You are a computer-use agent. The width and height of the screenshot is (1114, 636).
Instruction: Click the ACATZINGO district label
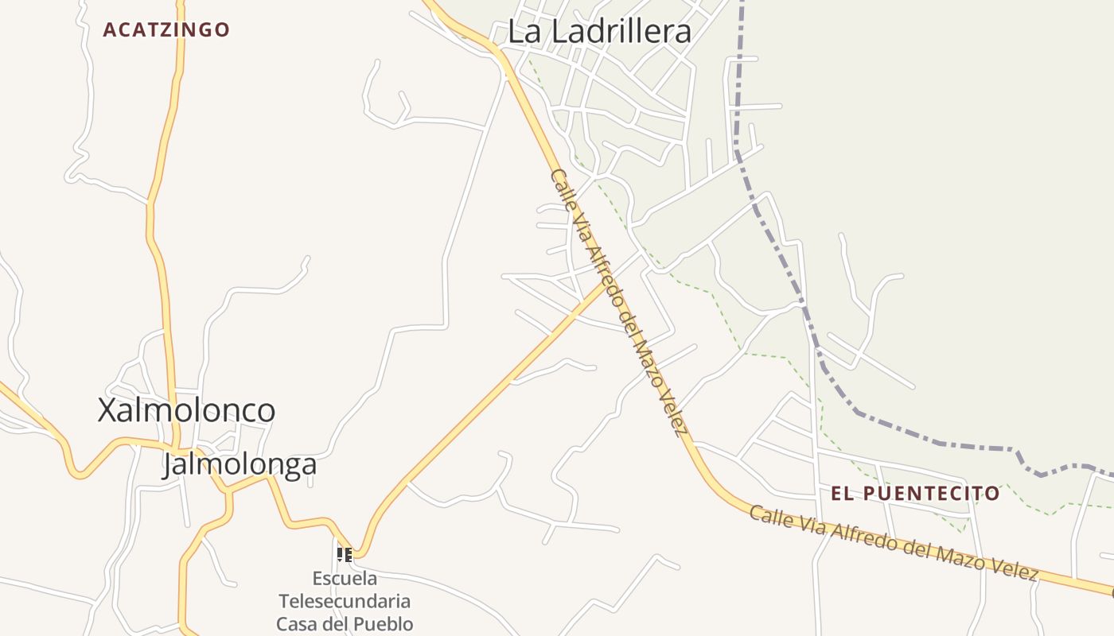pyautogui.click(x=166, y=30)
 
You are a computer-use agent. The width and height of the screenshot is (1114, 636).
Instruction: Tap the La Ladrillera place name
pyautogui.click(x=599, y=32)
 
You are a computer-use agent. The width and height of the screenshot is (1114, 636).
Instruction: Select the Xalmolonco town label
pyautogui.click(x=186, y=410)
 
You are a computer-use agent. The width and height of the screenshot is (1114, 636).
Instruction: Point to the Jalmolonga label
pyautogui.click(x=240, y=464)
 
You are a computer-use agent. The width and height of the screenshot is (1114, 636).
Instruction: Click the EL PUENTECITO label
pyautogui.click(x=915, y=494)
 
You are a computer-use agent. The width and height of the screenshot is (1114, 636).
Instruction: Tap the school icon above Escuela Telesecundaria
pyautogui.click(x=344, y=554)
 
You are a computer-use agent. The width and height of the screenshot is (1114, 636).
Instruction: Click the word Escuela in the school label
pyautogui.click(x=345, y=578)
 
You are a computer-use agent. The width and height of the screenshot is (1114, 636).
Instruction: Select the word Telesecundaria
pyautogui.click(x=345, y=600)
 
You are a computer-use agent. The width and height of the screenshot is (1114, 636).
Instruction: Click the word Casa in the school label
pyautogui.click(x=297, y=623)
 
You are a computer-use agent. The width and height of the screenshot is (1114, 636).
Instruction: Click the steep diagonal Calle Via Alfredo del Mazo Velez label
pyautogui.click(x=618, y=302)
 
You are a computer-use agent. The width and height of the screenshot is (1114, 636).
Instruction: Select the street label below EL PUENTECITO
pyautogui.click(x=894, y=543)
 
